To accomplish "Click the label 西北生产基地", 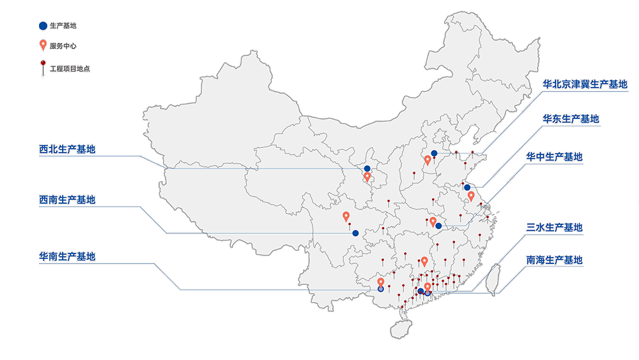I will click(67, 149).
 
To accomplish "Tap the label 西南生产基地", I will click(67, 200).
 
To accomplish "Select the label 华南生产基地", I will click(67, 256).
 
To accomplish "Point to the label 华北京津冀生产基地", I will click(585, 85).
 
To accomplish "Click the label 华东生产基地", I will click(571, 119).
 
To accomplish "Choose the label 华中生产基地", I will click(554, 157).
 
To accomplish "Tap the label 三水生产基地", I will click(554, 227).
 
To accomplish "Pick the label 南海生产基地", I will click(554, 260).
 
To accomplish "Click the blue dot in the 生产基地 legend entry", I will click(43, 25).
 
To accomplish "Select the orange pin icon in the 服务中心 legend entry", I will click(43, 44).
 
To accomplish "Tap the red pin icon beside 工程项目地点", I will click(43, 66).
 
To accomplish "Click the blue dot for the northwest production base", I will click(367, 169).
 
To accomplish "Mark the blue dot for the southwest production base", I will click(355, 233).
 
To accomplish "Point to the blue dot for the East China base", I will click(467, 188).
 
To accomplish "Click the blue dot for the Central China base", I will click(438, 226).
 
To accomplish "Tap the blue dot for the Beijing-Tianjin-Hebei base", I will click(434, 153).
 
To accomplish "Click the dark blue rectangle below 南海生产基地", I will click(554, 303).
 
